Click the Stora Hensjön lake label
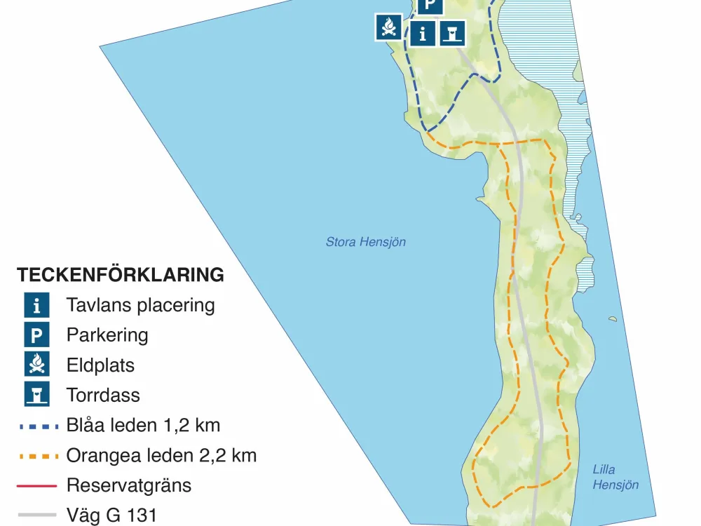(365, 242)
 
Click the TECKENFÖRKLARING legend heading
(121, 275)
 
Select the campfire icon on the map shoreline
(388, 27)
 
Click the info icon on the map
(422, 33)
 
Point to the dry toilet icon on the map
(453, 33)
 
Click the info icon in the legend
(36, 306)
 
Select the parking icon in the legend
(36, 335)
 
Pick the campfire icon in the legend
(36, 365)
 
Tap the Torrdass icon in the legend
(36, 395)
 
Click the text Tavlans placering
(140, 306)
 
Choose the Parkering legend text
(107, 335)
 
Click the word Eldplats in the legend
(100, 365)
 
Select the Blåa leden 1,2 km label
(143, 425)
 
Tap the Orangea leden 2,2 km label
(161, 455)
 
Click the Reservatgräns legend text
(128, 485)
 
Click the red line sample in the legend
(36, 485)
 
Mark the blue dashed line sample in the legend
(36, 426)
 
